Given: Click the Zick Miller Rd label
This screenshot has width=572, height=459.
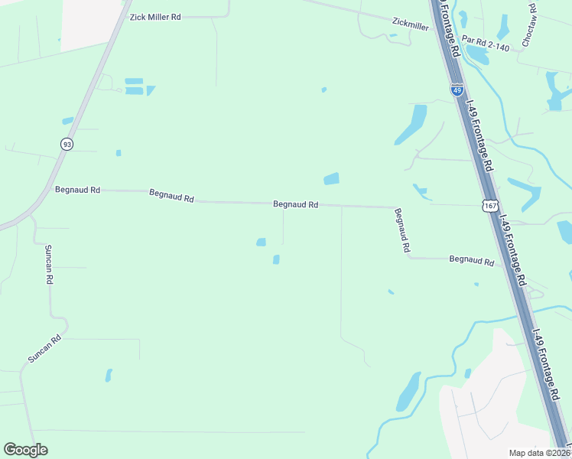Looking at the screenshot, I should (155, 16).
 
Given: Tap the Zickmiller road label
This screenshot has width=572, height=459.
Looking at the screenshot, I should (410, 25).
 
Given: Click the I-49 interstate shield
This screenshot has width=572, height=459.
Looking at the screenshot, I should (457, 90).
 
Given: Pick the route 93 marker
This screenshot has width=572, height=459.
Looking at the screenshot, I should (67, 144).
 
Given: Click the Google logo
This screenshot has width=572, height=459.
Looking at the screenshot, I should (25, 450).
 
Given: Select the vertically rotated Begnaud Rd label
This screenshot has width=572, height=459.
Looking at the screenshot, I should (403, 230).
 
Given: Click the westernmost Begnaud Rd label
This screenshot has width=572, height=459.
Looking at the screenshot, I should (78, 189).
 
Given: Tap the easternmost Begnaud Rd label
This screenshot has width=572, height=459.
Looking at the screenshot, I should (471, 260).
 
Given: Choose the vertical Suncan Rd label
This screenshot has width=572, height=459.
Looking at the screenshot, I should (48, 265).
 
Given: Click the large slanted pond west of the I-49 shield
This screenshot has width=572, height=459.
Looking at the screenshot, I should (411, 125).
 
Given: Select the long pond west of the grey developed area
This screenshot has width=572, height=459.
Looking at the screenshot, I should (408, 391).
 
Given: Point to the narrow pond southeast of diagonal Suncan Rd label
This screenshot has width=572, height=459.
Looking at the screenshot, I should (109, 375).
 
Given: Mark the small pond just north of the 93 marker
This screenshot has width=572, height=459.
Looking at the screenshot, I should (67, 121).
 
